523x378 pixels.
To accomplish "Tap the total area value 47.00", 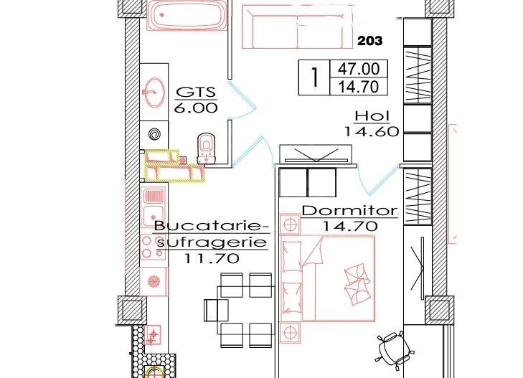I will tap(358, 70).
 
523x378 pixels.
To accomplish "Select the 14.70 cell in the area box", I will tap(358, 87).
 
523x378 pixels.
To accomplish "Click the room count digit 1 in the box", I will tap(313, 78).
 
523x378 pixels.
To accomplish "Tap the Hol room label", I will tap(371, 117).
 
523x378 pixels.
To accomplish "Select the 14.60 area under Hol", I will tap(371, 131).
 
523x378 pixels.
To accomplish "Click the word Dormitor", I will tap(349, 211).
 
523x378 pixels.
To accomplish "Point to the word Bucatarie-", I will tap(212, 227).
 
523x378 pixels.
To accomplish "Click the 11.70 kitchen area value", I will tap(212, 259).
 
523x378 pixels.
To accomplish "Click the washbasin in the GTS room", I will tap(153, 91).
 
